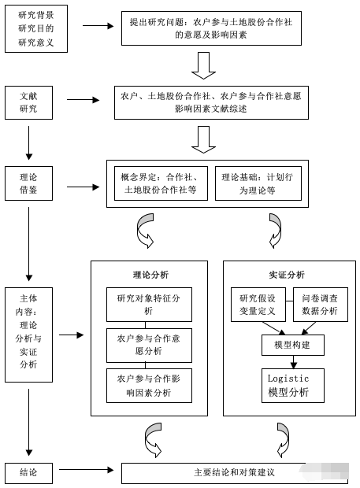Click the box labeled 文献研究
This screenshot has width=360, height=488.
[x=28, y=102]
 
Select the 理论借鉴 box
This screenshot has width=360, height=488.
[x=28, y=183]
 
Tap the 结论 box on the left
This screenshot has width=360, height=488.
[x=28, y=473]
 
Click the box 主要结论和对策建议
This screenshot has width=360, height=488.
[x=235, y=473]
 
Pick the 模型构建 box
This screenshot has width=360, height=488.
[x=293, y=345]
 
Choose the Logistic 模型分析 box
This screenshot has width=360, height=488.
[x=293, y=386]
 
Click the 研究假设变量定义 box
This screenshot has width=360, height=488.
[x=258, y=305]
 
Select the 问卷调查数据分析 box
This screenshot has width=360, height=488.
[x=321, y=305]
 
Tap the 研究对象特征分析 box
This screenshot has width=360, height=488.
[x=149, y=305]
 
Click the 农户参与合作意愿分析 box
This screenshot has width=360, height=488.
[x=149, y=346]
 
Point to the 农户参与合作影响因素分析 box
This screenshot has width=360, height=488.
[x=149, y=386]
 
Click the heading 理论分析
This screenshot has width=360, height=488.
[x=150, y=275]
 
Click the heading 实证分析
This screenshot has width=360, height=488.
[x=287, y=275]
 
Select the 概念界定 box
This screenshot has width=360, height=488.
[x=161, y=183]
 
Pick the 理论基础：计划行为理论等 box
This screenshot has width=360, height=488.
[x=258, y=183]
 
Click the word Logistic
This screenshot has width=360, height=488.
[x=288, y=379]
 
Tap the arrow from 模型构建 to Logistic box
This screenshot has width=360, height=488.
[x=293, y=362]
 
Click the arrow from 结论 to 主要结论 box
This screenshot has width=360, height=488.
[x=87, y=470]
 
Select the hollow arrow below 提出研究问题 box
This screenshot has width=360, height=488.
[x=204, y=65]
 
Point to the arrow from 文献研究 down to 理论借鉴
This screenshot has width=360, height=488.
[x=28, y=142]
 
